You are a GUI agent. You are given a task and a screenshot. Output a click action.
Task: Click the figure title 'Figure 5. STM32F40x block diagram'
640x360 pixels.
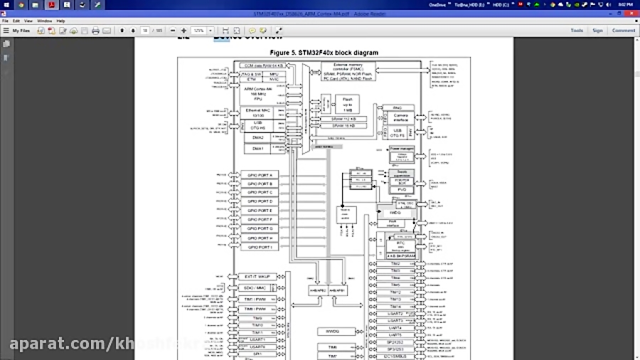click(324, 53)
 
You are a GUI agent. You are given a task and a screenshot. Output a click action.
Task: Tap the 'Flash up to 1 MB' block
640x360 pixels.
click(347, 103)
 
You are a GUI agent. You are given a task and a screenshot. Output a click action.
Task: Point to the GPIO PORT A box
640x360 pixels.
click(260, 175)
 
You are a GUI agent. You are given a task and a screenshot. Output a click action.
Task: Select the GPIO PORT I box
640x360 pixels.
click(260, 247)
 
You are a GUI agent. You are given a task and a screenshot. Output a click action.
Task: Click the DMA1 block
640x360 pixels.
click(257, 148)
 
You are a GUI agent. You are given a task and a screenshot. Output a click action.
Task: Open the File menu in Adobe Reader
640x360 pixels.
click(6, 21)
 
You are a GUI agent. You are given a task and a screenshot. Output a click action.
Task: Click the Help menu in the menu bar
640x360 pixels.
click(60, 21)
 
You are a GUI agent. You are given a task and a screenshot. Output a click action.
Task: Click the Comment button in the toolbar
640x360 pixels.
click(623, 31)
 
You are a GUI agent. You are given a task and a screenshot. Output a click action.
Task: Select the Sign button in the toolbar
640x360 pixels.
click(597, 31)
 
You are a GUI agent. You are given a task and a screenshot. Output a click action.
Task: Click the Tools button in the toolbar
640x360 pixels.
click(577, 31)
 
